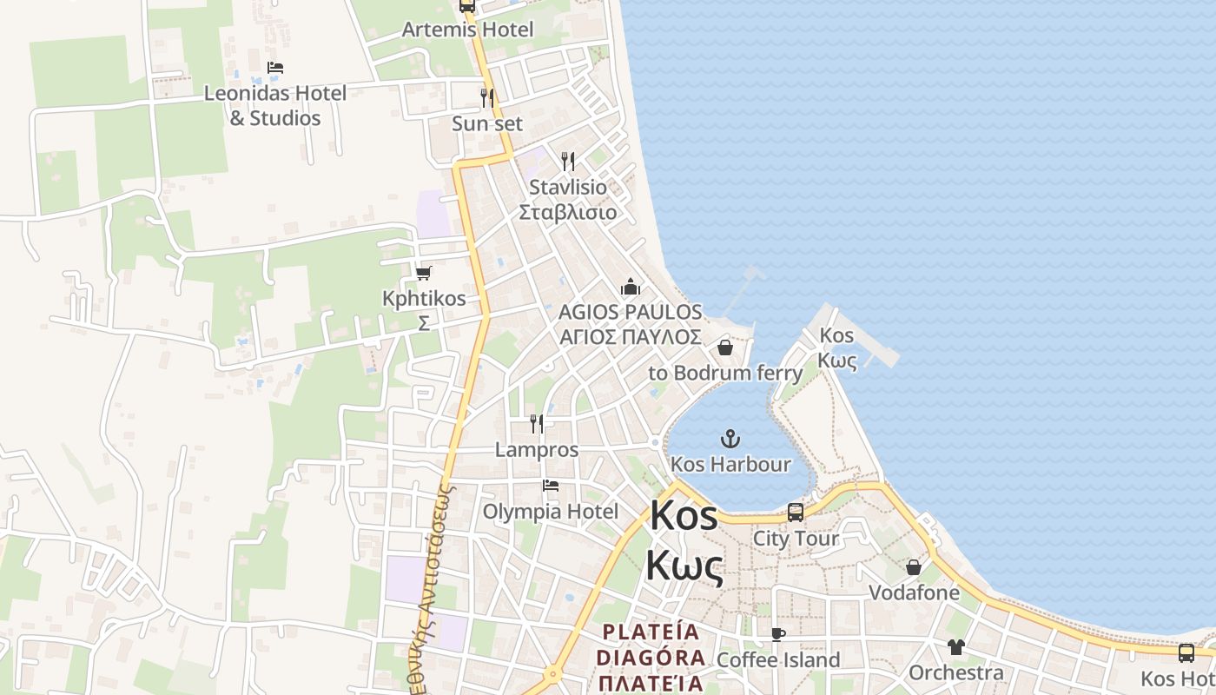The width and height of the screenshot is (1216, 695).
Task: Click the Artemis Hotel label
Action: tap(467, 30)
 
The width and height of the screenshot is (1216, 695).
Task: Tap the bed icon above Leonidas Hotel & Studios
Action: tap(275, 68)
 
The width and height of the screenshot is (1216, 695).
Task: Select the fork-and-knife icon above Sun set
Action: tap(487, 98)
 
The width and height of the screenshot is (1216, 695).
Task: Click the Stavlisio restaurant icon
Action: tap(568, 162)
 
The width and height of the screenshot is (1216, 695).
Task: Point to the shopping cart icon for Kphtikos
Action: tap(424, 274)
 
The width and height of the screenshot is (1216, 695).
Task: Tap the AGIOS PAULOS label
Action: tap(631, 312)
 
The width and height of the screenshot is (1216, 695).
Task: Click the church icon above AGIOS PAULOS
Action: tap(631, 287)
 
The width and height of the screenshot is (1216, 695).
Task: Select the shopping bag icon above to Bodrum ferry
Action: tap(725, 348)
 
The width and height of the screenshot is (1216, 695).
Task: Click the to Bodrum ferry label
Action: tap(726, 374)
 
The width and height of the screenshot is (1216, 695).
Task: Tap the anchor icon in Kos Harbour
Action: tap(730, 439)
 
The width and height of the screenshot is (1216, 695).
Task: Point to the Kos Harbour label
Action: tap(731, 464)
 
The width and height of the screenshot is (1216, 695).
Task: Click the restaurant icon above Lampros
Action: tap(538, 424)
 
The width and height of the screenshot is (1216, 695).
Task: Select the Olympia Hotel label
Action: tap(551, 511)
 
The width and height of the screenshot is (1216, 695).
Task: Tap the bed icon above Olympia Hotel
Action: tap(551, 486)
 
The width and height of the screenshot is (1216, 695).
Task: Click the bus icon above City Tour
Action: tap(796, 513)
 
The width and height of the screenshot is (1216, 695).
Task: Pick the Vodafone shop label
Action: tap(915, 593)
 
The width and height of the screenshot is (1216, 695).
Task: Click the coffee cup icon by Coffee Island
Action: tap(778, 635)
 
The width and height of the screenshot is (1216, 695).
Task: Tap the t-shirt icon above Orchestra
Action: tap(956, 647)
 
